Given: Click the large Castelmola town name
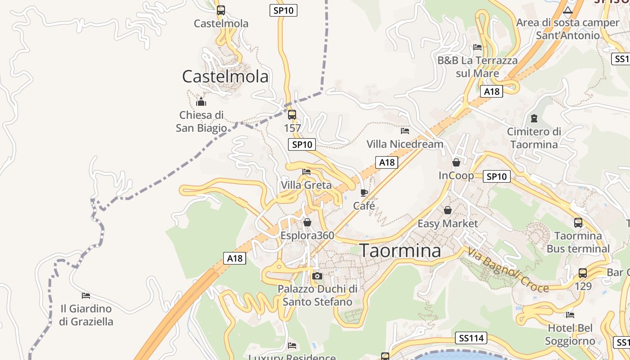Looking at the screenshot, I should click(225, 76).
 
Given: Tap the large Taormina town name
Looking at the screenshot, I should click(400, 251).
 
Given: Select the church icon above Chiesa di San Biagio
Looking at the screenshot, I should click(201, 102).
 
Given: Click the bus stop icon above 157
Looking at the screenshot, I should click(292, 115).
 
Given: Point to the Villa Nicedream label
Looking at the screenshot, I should click(405, 144).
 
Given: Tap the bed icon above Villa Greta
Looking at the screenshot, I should click(306, 172).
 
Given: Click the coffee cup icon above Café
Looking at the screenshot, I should click(364, 193).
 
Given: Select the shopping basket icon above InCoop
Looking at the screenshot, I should click(456, 162).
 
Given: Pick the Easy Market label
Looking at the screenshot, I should click(447, 224).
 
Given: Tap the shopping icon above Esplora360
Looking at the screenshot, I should click(307, 222).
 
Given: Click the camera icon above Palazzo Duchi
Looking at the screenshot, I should click(317, 276).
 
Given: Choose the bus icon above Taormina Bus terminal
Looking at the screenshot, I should click(578, 222).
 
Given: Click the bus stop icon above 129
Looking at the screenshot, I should click(583, 273).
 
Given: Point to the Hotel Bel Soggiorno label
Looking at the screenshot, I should click(570, 334).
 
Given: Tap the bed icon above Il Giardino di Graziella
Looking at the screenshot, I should click(86, 296).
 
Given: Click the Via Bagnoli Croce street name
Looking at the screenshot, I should click(508, 270).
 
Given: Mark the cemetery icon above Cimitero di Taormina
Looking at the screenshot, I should click(534, 118).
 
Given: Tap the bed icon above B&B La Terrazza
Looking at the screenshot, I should click(477, 47).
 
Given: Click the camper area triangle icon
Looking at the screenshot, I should click(568, 10).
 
